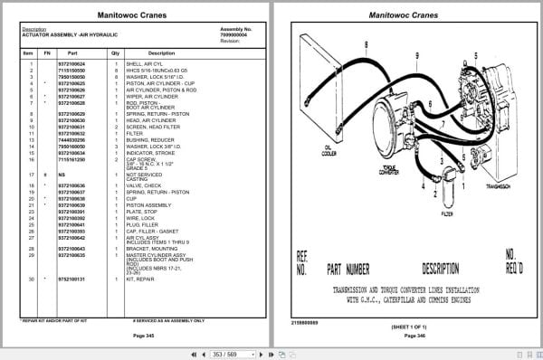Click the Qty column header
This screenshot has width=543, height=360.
pyautogui.click(x=116, y=53)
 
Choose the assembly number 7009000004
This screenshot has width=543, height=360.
pyautogui.click(x=235, y=36)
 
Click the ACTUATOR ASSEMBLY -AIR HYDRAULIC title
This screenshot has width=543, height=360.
pyautogui.click(x=60, y=36)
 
